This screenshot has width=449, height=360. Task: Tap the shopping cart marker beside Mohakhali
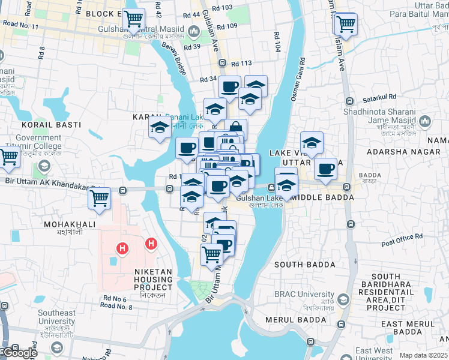100,197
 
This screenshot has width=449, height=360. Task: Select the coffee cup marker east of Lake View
325,169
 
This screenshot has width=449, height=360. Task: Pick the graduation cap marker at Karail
160,127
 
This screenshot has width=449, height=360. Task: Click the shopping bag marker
236,129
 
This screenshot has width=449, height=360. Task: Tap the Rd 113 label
241,63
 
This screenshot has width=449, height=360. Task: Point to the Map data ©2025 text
423,355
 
